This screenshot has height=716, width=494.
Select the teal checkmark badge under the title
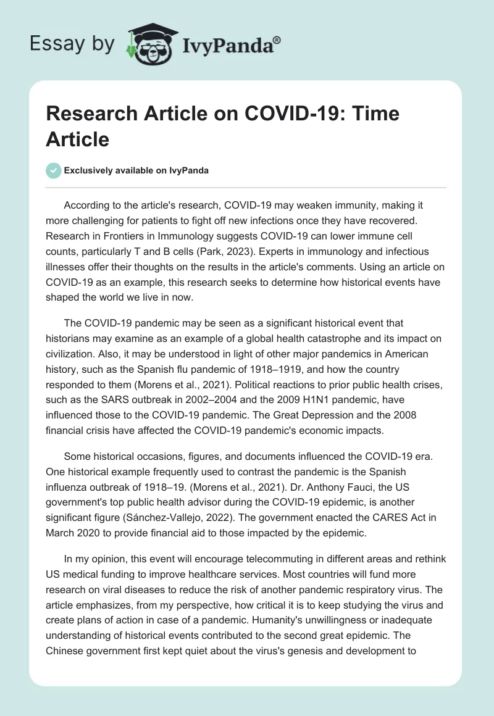tap(53, 170)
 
